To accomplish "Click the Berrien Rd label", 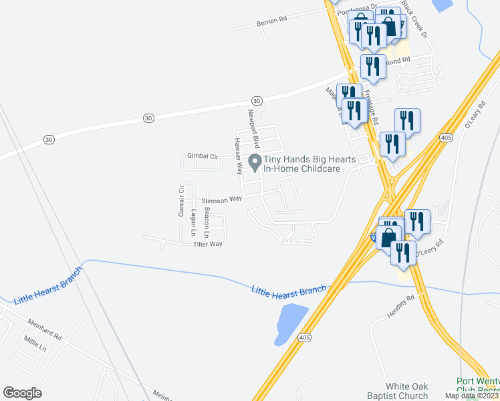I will [271, 22].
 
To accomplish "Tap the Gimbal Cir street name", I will [203, 156].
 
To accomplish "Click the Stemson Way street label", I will [221, 199].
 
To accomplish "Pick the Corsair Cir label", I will [180, 201].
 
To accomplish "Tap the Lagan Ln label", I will [194, 220].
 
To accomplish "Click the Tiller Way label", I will [207, 244].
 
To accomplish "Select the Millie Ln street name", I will [35, 348].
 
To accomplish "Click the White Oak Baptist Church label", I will [406, 391].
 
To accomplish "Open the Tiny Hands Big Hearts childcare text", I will [302, 164].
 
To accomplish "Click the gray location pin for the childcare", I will [254, 161].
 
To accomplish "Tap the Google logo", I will [23, 393].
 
